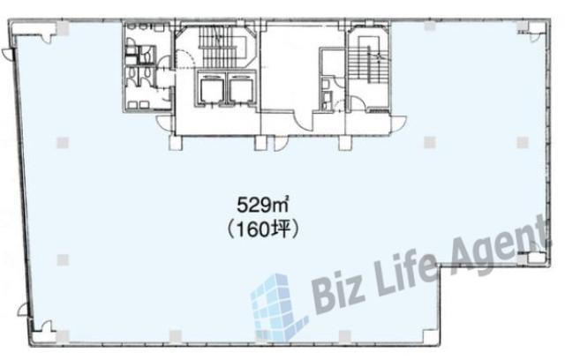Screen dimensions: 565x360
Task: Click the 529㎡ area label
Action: [264, 206]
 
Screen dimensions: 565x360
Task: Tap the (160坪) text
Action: [264, 229]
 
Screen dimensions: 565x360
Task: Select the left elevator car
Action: [212, 90]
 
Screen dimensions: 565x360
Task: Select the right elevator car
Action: [241, 90]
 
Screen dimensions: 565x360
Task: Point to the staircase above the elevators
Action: [222, 47]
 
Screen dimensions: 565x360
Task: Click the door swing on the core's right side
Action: [399, 124]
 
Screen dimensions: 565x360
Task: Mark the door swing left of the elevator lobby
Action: [165, 124]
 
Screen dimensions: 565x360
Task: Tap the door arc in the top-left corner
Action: [49, 35]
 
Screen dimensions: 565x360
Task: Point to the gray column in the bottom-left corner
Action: [63, 336]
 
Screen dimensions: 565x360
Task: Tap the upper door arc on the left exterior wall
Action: [7, 55]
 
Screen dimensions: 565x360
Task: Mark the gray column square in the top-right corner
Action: [522, 26]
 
